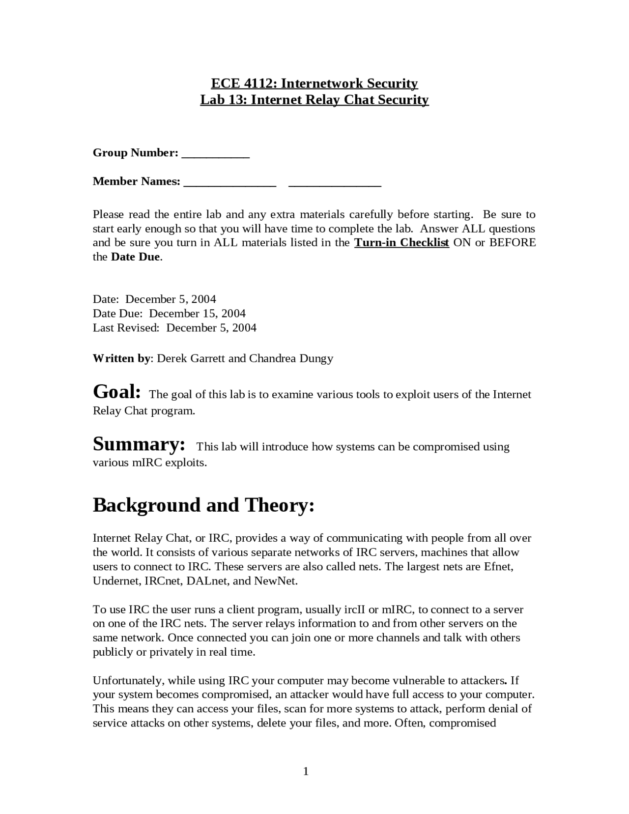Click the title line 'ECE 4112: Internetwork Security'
pyautogui.click(x=314, y=83)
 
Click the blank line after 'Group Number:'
pyautogui.click(x=216, y=154)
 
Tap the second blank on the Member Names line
pyautogui.click(x=335, y=183)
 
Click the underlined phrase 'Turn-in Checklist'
pyautogui.click(x=401, y=242)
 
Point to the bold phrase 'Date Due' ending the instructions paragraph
pyautogui.click(x=135, y=257)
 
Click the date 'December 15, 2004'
pyautogui.click(x=197, y=313)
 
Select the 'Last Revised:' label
pyautogui.click(x=126, y=327)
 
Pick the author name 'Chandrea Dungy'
pyautogui.click(x=291, y=358)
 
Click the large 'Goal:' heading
pyautogui.click(x=117, y=392)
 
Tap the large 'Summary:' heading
pyautogui.click(x=139, y=444)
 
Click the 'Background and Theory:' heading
pyautogui.click(x=203, y=505)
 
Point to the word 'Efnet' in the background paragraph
pyautogui.click(x=498, y=566)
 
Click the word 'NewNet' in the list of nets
pyautogui.click(x=275, y=581)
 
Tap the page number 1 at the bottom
pyautogui.click(x=306, y=771)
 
